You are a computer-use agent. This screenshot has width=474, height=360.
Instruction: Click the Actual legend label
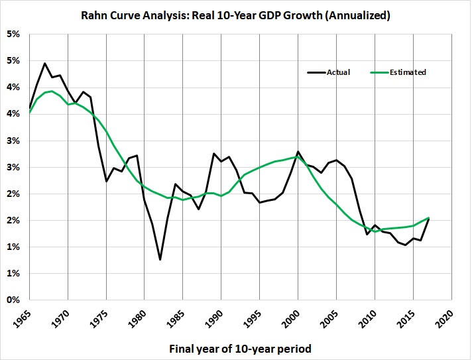[338, 72]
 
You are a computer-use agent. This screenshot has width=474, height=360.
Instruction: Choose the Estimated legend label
[408, 72]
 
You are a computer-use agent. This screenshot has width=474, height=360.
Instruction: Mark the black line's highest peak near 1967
[44, 64]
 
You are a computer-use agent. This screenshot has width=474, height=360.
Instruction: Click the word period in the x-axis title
[291, 347]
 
